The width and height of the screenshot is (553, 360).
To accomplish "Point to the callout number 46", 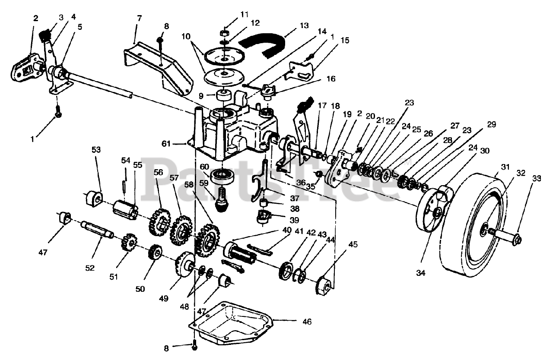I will tap(307, 322).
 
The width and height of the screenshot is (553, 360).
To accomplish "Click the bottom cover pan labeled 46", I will tap(233, 319).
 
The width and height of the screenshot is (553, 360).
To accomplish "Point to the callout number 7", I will tap(139, 19).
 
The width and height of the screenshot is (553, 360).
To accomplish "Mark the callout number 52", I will tap(89, 268).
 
